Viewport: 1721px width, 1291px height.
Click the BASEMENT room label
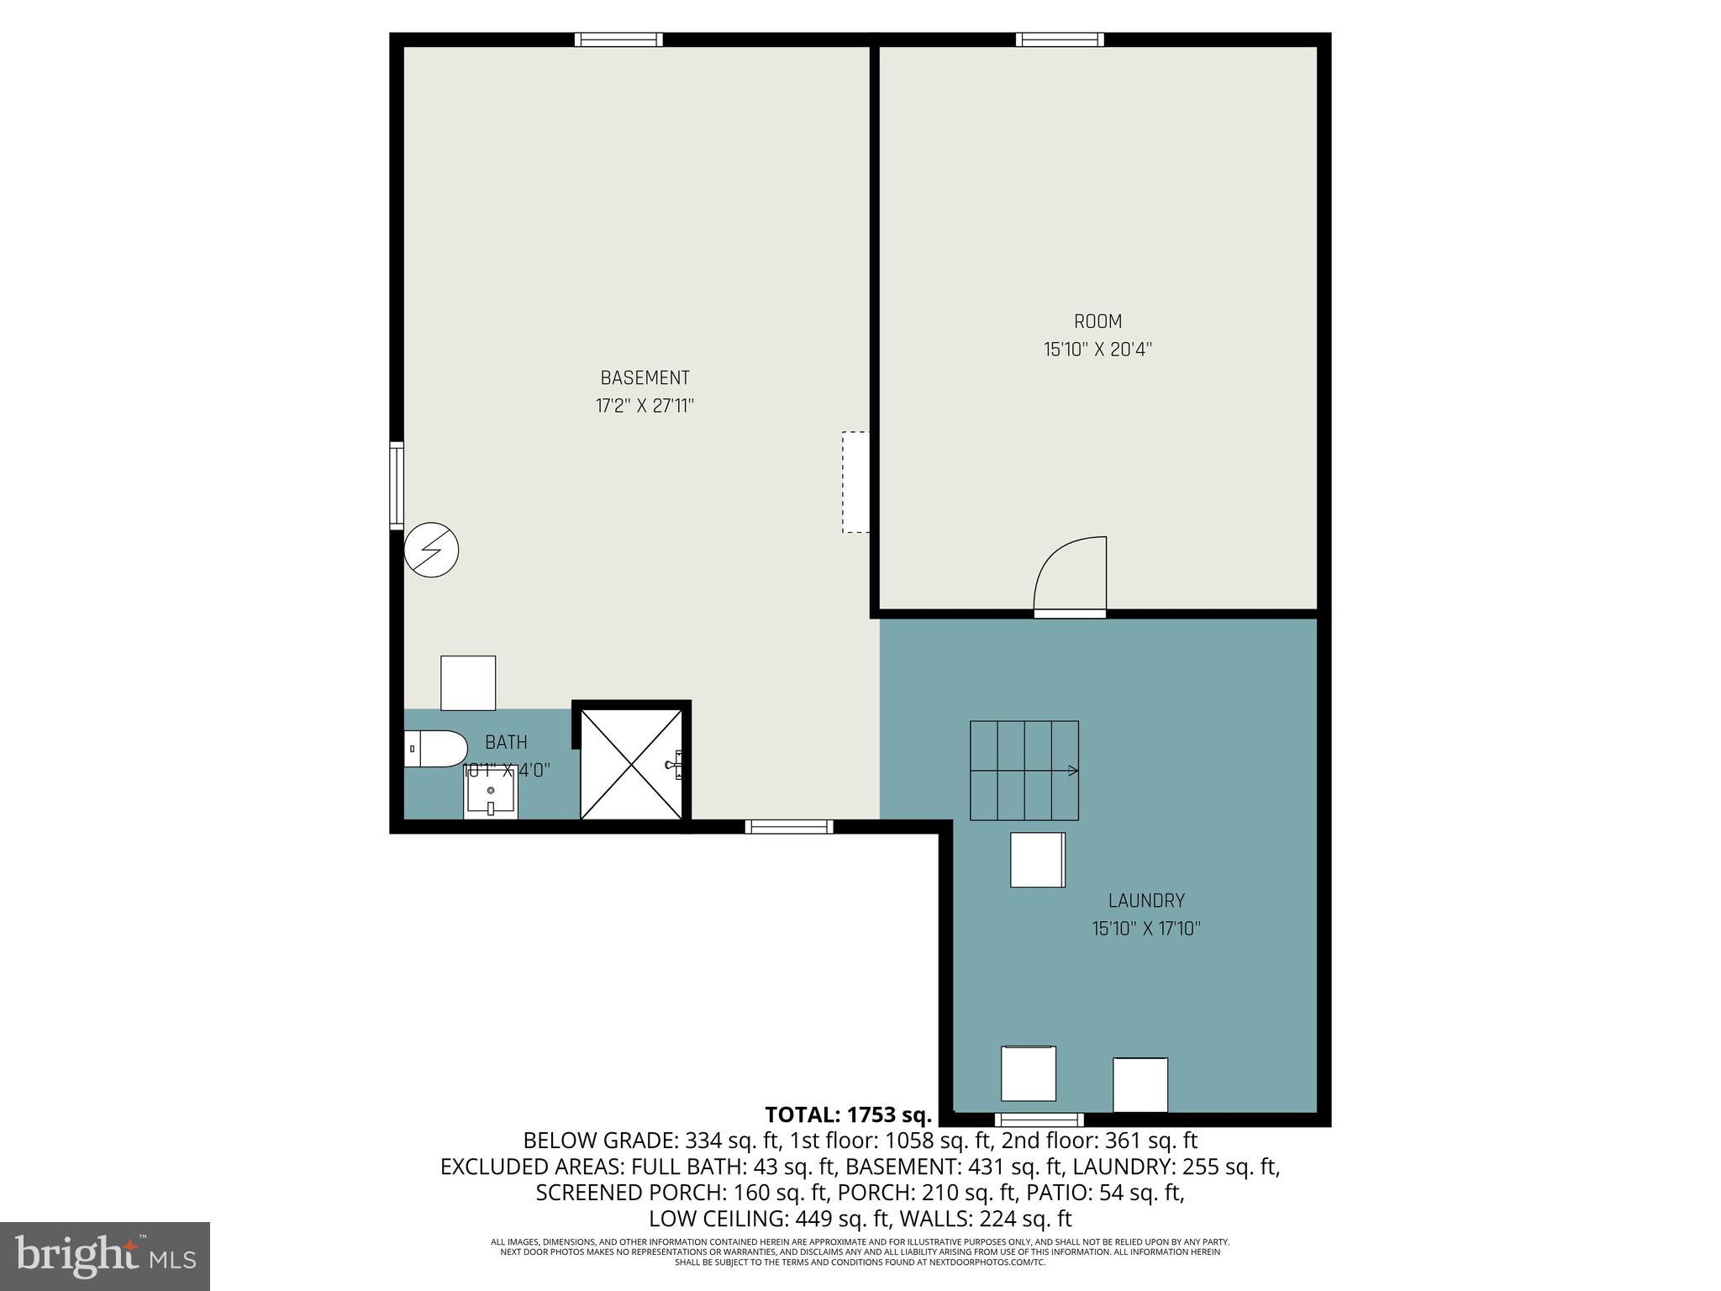click(x=645, y=378)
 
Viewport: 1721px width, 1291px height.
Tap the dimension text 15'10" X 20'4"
click(x=1097, y=350)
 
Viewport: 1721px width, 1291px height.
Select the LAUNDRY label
click(x=1146, y=901)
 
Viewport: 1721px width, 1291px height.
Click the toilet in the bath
click(x=434, y=748)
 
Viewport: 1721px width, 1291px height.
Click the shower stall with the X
click(x=631, y=763)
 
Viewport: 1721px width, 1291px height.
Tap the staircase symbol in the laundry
click(x=1024, y=770)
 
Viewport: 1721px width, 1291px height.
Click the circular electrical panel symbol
click(x=432, y=550)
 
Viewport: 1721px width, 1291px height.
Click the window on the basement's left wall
click(x=397, y=486)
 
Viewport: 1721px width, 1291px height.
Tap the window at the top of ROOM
click(x=1060, y=40)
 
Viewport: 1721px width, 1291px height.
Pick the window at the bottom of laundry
click(x=1039, y=1119)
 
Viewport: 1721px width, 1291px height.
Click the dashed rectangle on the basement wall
click(x=855, y=482)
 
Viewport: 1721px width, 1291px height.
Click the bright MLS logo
click(x=105, y=1256)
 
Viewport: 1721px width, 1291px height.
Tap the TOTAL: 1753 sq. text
click(x=849, y=1115)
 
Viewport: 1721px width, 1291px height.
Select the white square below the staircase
click(x=1038, y=860)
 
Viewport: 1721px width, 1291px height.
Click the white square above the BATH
click(x=468, y=682)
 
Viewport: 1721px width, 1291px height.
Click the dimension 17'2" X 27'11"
click(x=645, y=407)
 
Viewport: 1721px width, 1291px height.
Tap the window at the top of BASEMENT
click(x=618, y=40)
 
